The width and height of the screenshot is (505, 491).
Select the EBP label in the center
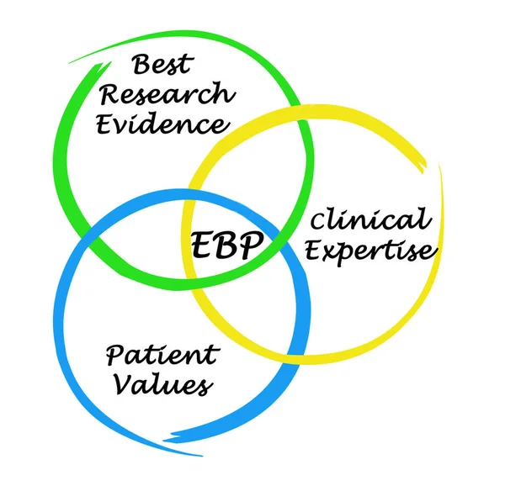(x=227, y=245)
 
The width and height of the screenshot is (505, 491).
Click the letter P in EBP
(x=252, y=245)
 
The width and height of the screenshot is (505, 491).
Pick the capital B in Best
(x=141, y=64)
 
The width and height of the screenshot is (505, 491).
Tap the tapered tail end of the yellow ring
(x=440, y=168)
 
